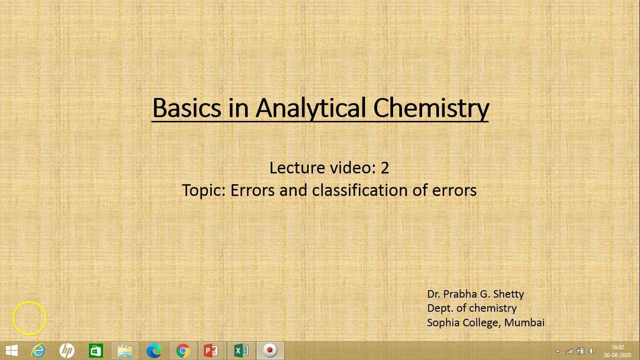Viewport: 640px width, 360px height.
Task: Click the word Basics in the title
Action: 186,108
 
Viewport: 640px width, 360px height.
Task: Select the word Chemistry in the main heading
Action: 431,108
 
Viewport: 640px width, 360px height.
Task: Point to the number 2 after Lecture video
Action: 385,168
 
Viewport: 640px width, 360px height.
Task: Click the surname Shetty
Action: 508,294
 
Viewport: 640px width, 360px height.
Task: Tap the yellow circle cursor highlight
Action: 30,318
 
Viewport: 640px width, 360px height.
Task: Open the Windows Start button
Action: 12,351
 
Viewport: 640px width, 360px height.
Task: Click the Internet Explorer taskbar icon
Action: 38,351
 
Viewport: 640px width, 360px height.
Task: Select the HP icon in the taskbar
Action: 67,351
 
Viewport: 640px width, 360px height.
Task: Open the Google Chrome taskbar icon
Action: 183,351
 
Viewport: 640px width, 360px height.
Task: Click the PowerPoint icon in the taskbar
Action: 211,351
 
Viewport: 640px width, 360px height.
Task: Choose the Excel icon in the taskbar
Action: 241,351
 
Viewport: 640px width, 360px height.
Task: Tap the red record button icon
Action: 270,351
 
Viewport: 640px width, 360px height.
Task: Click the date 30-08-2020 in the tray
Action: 618,355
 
